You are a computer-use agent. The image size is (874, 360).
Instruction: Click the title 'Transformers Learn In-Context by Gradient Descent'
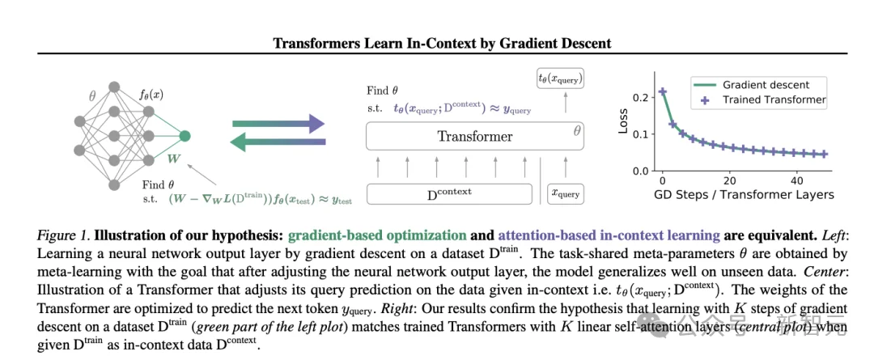[442, 43]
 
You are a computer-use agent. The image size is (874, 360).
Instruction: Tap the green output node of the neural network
[185, 136]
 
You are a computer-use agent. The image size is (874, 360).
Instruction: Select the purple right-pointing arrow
[278, 124]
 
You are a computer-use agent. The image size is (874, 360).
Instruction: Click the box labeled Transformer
[475, 137]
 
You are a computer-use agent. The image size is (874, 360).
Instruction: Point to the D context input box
[449, 193]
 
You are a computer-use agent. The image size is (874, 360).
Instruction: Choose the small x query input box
[565, 194]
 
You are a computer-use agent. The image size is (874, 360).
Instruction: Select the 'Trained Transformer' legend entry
[758, 100]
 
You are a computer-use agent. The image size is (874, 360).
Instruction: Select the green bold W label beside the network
[175, 159]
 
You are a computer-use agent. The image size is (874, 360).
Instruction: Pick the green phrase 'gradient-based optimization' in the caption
[377, 235]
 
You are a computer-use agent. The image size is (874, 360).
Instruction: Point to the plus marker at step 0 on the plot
[662, 91]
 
